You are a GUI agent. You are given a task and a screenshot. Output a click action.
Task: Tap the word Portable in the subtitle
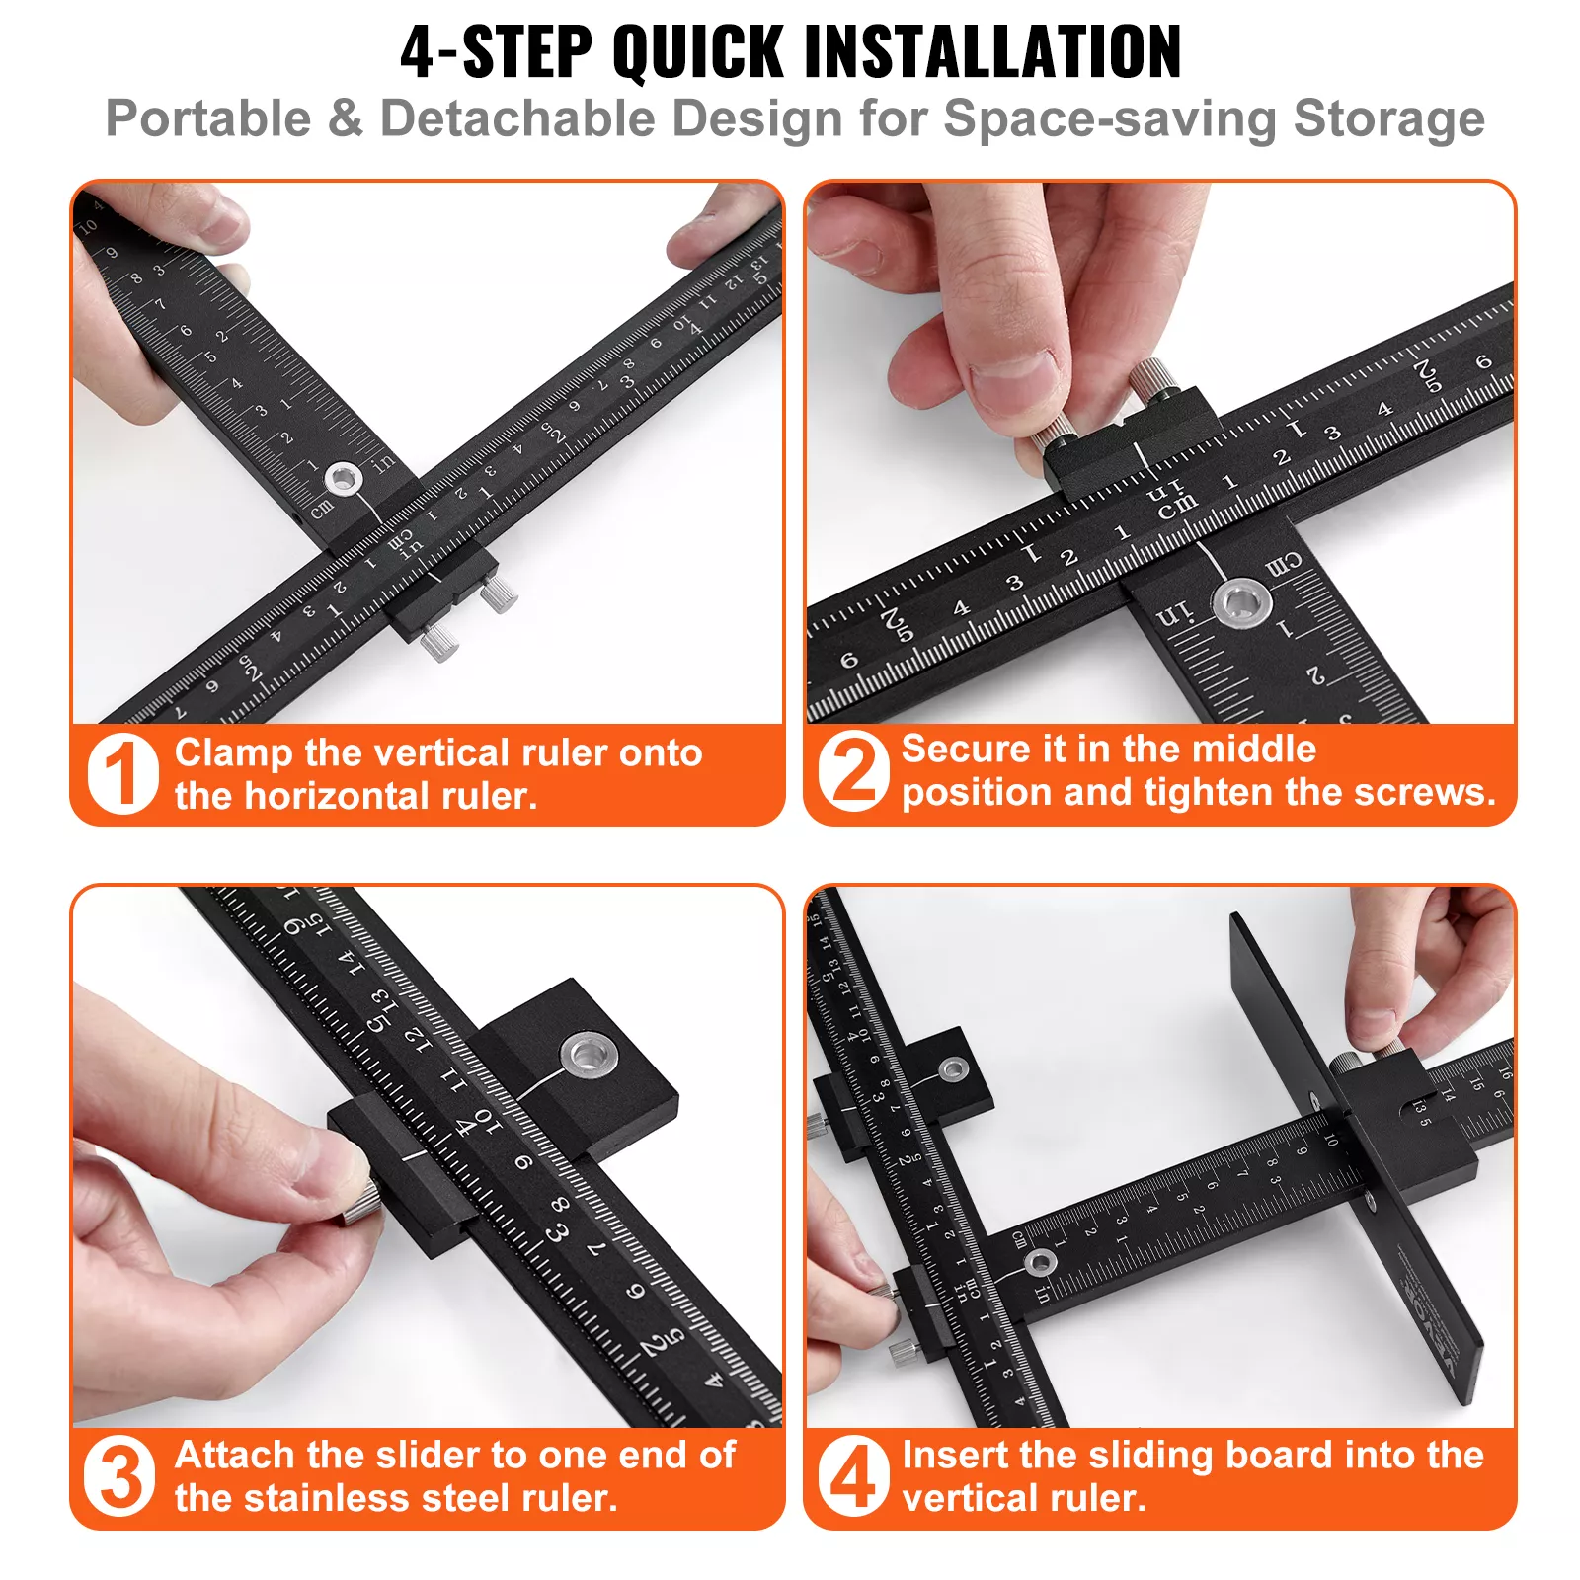point(208,118)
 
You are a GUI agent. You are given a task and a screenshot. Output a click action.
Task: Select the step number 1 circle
point(122,773)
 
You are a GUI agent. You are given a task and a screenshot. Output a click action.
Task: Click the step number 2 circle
point(854,771)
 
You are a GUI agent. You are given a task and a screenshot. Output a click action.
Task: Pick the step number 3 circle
point(120,1476)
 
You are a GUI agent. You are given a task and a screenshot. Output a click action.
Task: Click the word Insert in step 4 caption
point(954,1456)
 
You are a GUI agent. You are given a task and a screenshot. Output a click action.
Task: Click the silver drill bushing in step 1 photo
point(343,480)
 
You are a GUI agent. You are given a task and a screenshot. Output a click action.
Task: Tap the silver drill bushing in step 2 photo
point(1241,602)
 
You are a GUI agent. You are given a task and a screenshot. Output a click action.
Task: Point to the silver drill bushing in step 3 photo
point(590,1055)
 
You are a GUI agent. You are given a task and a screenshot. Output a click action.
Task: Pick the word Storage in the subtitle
point(1388,118)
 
